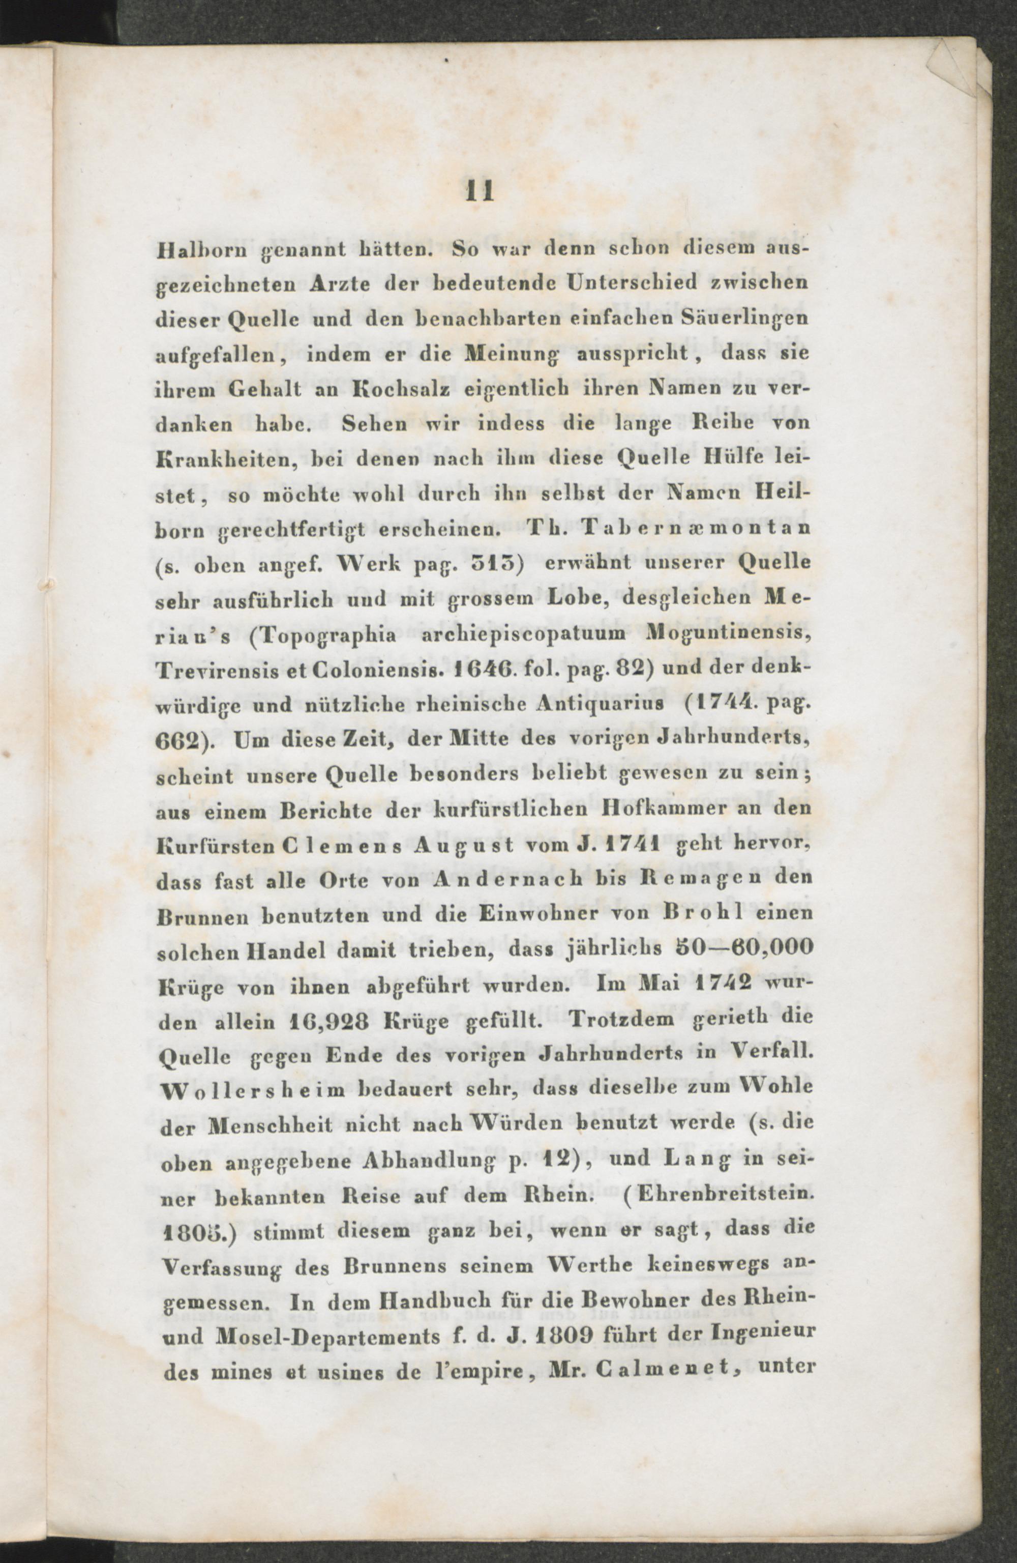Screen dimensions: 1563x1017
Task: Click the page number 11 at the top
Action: click(x=478, y=191)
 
